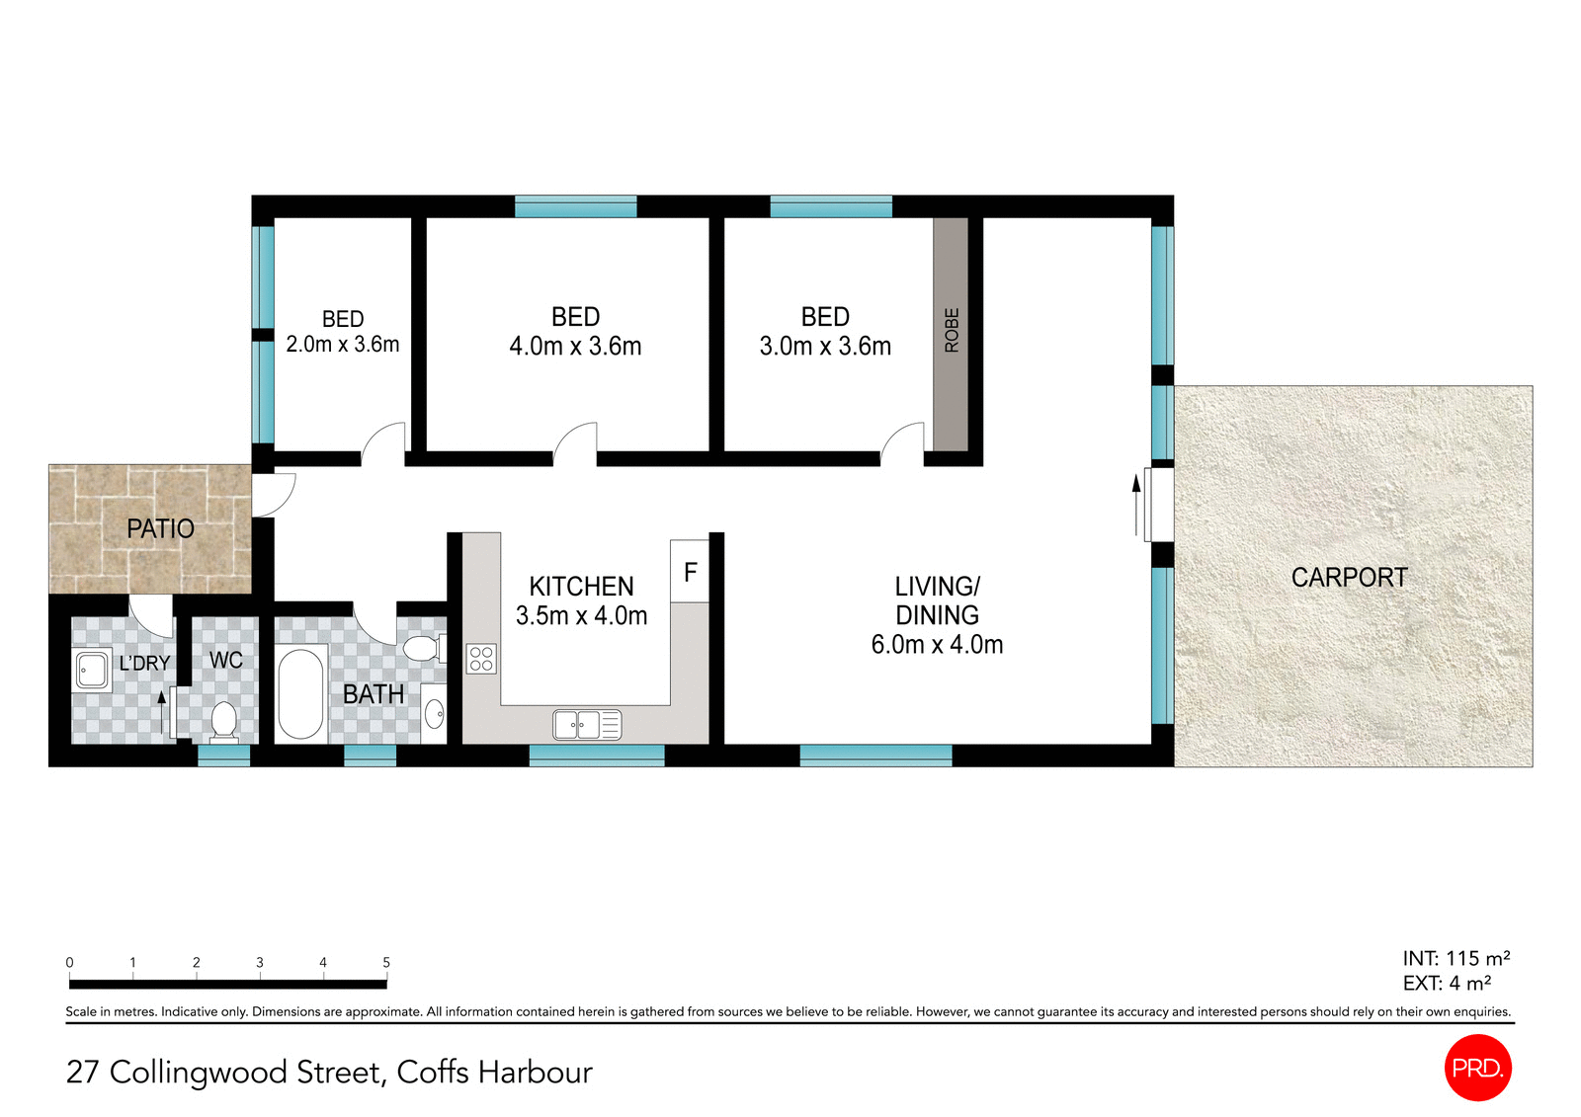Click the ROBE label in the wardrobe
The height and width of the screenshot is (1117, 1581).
(x=952, y=330)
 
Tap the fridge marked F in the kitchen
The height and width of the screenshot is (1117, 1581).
(x=690, y=572)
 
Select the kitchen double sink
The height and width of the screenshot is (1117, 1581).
(x=587, y=725)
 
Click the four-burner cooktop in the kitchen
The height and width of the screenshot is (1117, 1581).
(x=481, y=659)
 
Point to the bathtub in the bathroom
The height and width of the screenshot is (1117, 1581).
(x=301, y=693)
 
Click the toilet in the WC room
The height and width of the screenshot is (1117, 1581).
(x=224, y=720)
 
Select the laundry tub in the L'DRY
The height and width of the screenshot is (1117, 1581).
(x=93, y=670)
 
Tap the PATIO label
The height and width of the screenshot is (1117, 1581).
(x=160, y=529)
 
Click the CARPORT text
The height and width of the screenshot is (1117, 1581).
(x=1349, y=578)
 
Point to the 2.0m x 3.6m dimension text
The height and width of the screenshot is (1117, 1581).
(x=343, y=345)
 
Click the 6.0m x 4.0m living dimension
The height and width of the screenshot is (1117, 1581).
(x=936, y=645)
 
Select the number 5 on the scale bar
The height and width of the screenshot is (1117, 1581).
(x=386, y=962)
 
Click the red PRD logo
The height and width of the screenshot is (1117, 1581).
(x=1477, y=1068)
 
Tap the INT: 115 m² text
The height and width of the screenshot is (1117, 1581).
(x=1456, y=958)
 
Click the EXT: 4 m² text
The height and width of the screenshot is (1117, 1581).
(x=1447, y=984)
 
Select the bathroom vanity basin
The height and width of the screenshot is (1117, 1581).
(x=434, y=713)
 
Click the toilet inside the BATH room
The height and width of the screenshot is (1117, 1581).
(x=423, y=649)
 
